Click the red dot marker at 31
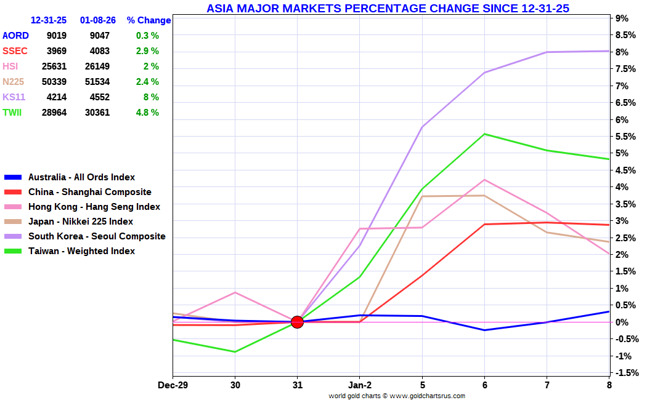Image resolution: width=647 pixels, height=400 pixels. coord(297,322)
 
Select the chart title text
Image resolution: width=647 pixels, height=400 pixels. coord(388,8)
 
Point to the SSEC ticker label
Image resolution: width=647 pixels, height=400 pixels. coord(15,51)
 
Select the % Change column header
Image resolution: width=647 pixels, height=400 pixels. coord(149,20)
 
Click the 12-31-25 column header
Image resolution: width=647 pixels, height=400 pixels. coord(49,20)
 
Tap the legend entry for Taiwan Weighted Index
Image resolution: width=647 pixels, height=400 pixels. coord(81,251)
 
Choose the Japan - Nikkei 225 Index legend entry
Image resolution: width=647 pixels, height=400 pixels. coord(80,222)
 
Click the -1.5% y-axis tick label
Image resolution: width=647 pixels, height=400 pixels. coord(626,373)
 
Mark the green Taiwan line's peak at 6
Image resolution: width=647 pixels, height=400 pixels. coord(484,134)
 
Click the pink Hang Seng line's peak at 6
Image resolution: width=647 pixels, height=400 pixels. coord(484,180)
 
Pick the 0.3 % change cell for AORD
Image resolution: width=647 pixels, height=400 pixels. coord(147,36)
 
